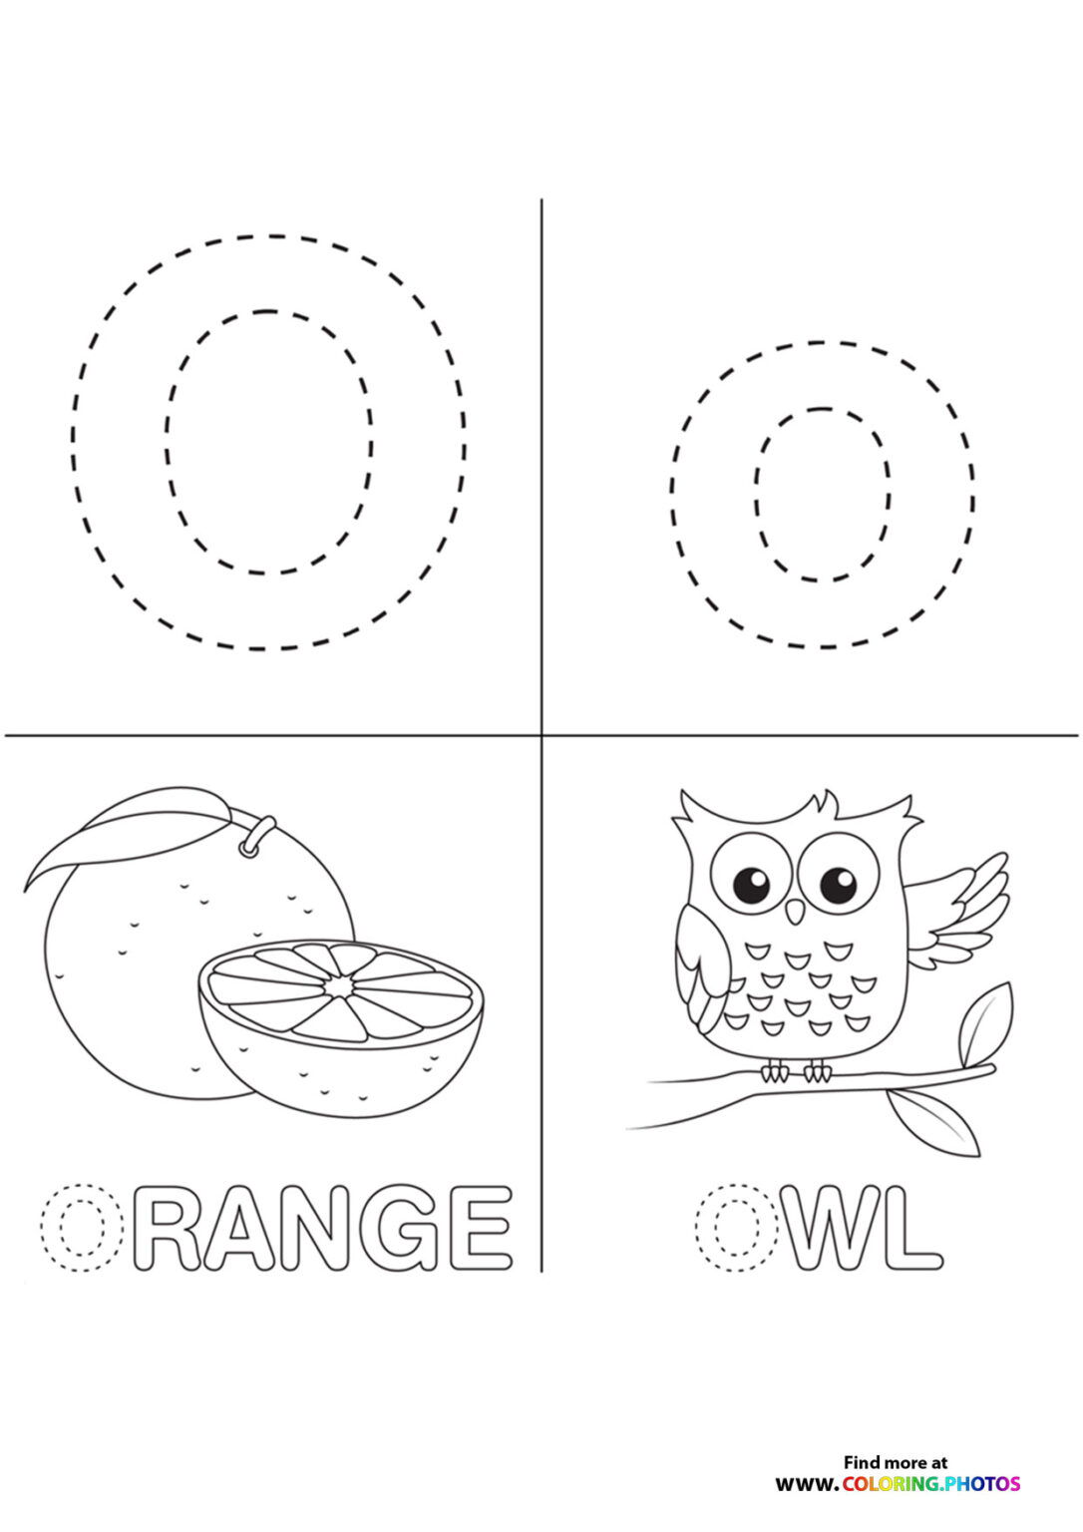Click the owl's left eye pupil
pos(751,883)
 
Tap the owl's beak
pos(795,911)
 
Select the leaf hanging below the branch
pos(934,1121)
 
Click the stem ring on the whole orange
pos(256,837)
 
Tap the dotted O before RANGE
pos(81,1227)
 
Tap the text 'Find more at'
pos(895,1462)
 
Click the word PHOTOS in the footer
pos(982,1484)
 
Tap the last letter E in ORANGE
pos(481,1227)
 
